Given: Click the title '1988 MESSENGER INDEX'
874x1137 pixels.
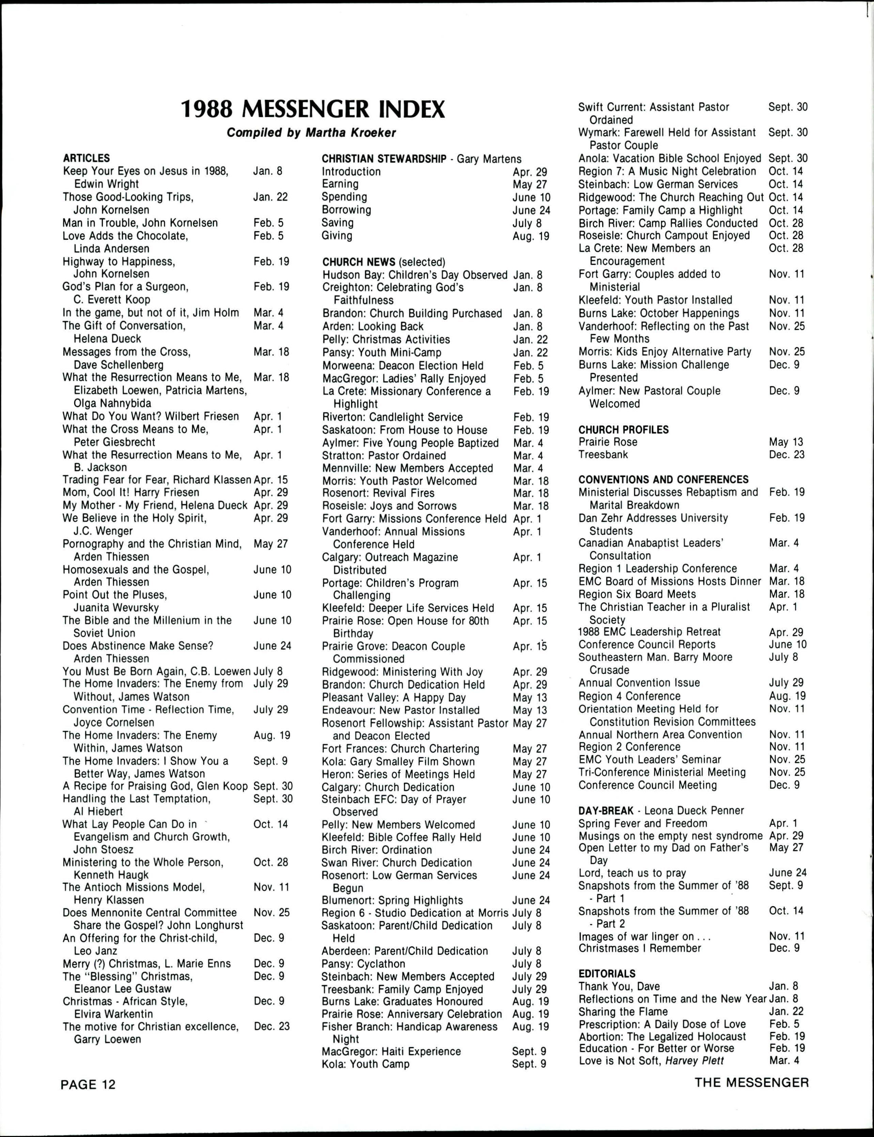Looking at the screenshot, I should [313, 109].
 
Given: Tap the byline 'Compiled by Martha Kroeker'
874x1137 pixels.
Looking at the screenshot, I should [311, 133].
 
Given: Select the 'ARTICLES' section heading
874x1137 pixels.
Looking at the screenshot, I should [87, 158].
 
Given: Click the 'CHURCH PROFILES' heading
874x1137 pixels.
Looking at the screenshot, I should [623, 430].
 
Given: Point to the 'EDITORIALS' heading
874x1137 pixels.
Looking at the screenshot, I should [607, 974].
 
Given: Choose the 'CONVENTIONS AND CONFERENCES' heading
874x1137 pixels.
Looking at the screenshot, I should [663, 479].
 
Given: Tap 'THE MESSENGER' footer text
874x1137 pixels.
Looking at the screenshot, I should [752, 1083].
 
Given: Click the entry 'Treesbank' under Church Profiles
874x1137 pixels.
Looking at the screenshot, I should [603, 454].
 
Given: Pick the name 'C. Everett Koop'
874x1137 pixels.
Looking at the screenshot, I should [112, 300].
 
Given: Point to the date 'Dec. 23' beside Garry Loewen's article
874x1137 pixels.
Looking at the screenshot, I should [271, 1026].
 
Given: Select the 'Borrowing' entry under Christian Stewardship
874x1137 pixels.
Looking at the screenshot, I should [346, 210].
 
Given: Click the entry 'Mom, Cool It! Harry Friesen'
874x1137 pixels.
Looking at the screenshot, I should [130, 493].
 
